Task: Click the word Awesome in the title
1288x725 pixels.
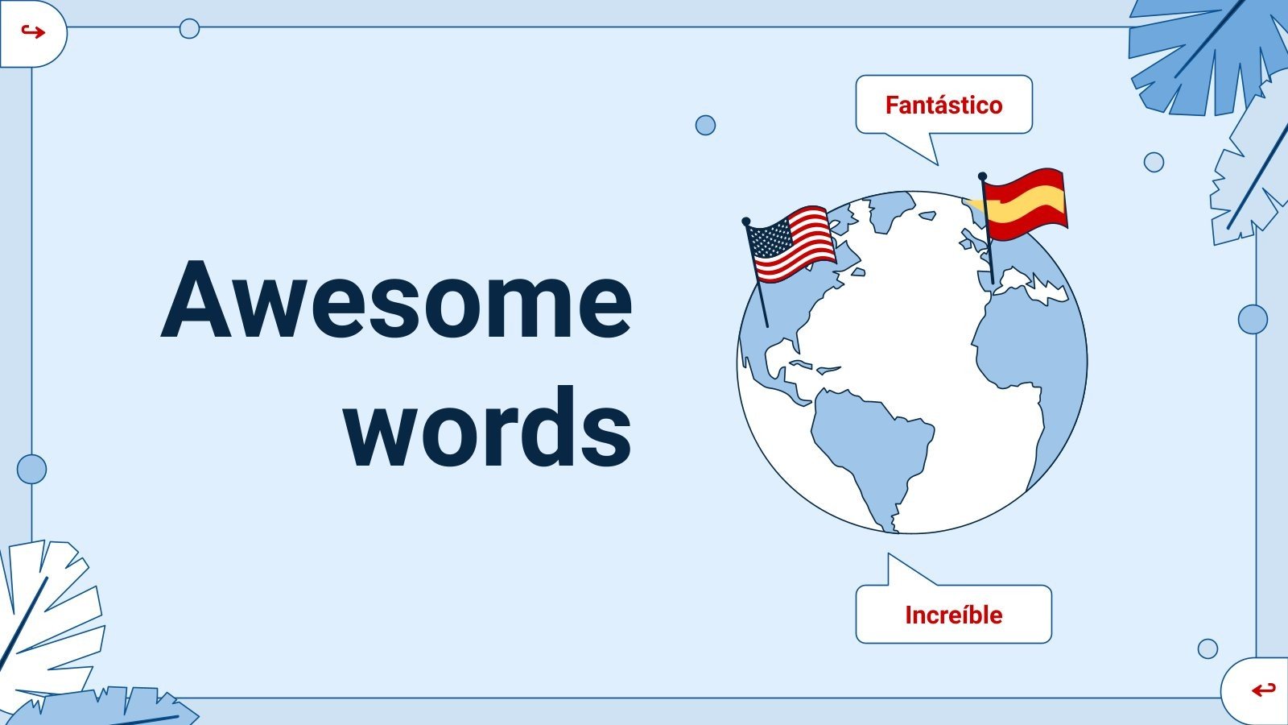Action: point(397,300)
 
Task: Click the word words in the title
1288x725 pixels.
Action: point(489,427)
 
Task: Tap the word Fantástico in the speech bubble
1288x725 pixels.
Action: point(943,105)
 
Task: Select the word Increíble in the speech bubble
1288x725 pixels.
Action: point(953,615)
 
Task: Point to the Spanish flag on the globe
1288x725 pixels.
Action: point(1025,204)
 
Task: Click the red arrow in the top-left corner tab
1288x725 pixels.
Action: point(32,32)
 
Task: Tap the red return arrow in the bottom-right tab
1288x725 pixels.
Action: point(1263,690)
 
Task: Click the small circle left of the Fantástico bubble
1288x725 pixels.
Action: point(705,125)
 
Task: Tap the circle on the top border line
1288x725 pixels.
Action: point(189,28)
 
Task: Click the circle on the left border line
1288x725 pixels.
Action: point(31,469)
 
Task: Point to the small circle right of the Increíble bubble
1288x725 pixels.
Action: point(1207,648)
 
